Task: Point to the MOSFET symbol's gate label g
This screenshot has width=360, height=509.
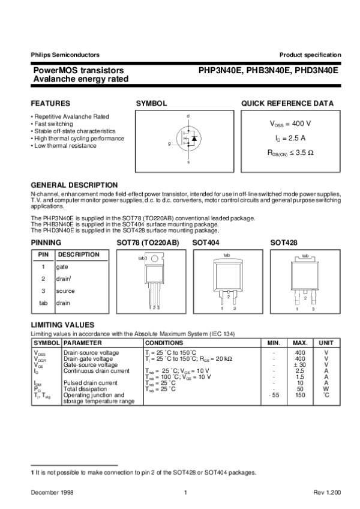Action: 169,144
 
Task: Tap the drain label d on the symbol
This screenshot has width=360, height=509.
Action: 188,115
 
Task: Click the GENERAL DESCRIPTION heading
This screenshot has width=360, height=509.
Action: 74,185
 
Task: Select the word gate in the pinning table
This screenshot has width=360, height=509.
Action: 62,267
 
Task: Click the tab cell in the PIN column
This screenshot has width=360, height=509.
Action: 43,303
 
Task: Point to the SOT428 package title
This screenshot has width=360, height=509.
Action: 284,242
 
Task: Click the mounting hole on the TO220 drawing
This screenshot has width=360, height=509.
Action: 155,259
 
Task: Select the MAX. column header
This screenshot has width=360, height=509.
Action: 300,342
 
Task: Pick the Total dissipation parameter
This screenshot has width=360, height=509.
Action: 83,389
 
